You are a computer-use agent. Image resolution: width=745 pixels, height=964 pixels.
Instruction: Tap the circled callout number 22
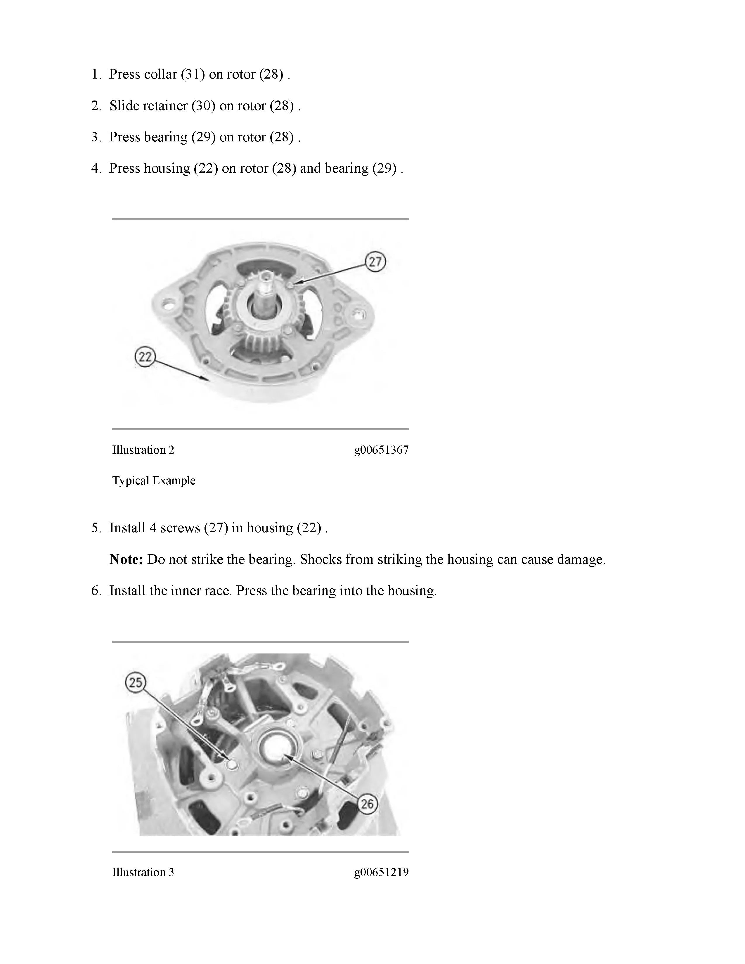click(145, 357)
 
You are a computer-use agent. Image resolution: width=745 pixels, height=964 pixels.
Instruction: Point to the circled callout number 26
click(367, 804)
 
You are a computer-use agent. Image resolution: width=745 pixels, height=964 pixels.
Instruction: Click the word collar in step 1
click(160, 74)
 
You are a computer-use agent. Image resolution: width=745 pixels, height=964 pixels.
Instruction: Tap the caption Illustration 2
click(143, 450)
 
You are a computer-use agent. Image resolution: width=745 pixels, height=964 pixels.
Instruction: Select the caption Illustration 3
click(143, 872)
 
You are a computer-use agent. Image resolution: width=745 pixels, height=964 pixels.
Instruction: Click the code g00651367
click(381, 450)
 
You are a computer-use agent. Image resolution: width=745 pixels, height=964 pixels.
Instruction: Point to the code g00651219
click(381, 872)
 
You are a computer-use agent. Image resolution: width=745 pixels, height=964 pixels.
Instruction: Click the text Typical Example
click(154, 480)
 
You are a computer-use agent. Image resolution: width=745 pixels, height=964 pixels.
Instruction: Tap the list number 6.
click(96, 591)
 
